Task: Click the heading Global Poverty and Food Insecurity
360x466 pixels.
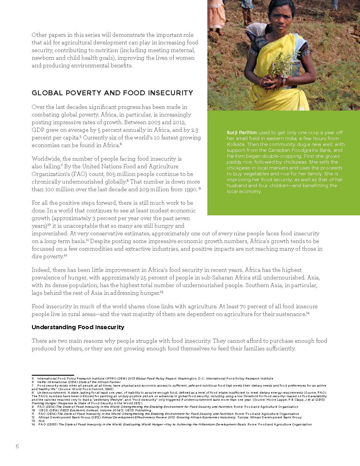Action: (x=112, y=93)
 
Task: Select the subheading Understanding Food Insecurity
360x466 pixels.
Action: (x=78, y=327)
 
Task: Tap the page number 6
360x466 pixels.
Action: (x=17, y=446)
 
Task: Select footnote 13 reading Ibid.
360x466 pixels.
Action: (x=41, y=421)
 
